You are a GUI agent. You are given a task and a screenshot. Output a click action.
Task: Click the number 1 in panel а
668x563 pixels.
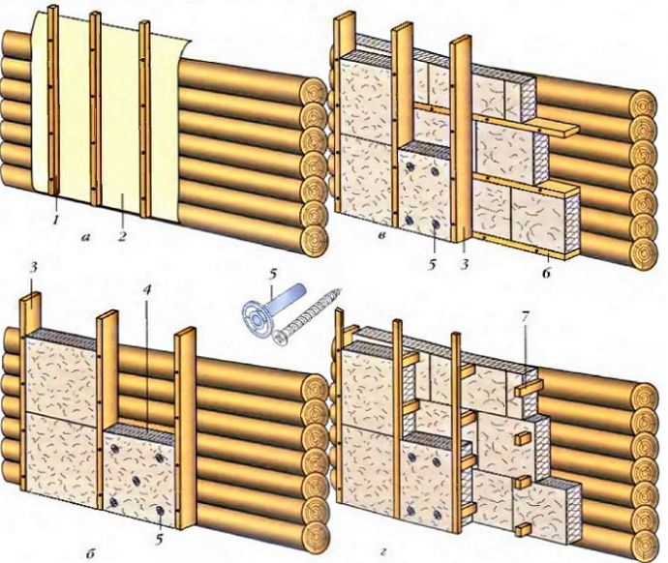(x=57, y=222)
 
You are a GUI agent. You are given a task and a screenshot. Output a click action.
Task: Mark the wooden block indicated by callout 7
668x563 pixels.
(x=526, y=388)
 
